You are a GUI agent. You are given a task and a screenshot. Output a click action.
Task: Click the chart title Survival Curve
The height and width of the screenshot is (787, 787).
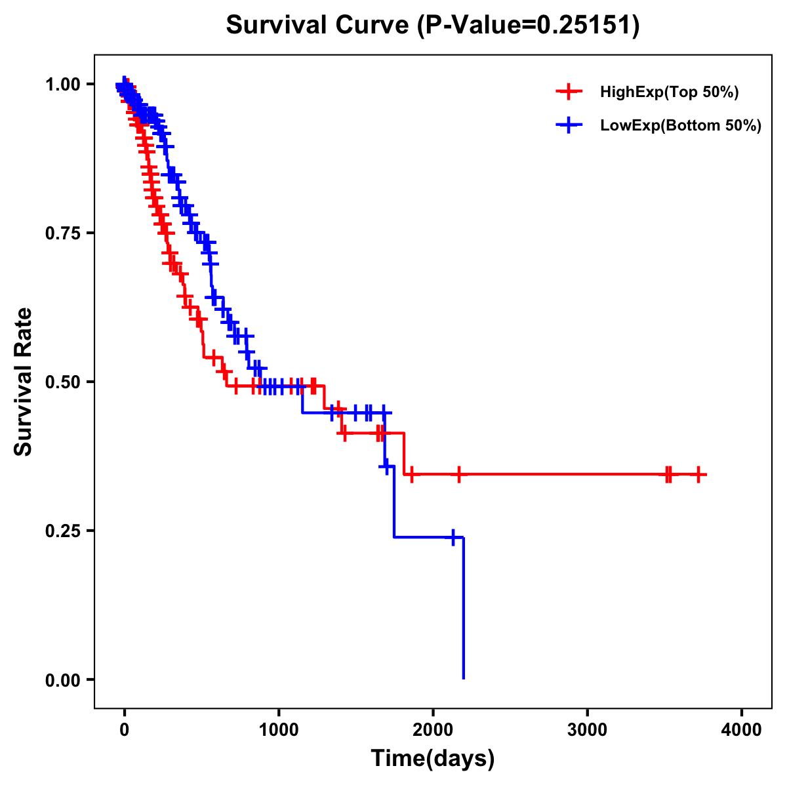[x=317, y=26]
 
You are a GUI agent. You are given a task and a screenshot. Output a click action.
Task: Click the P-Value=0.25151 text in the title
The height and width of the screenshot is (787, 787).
[x=529, y=26]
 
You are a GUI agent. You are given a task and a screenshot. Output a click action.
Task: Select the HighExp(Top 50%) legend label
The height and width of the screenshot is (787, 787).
[x=669, y=92]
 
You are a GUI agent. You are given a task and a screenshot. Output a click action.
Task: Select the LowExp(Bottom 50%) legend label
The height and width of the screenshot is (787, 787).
[x=681, y=126]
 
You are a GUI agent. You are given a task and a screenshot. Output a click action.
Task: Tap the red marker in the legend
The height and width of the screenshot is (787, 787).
[x=569, y=92]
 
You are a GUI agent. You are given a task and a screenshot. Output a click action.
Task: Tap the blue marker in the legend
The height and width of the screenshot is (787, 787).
[x=569, y=126]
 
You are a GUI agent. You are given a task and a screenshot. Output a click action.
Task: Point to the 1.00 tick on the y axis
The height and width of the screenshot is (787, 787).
[x=63, y=85]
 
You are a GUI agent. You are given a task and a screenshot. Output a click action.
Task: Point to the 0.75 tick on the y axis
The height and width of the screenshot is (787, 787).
[x=63, y=233]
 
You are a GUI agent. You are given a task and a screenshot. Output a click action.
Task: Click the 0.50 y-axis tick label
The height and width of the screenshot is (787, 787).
[x=63, y=382]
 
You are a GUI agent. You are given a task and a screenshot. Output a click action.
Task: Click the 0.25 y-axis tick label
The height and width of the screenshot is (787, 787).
[x=63, y=531]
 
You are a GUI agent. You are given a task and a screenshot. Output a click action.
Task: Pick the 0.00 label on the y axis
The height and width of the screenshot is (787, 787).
[x=63, y=680]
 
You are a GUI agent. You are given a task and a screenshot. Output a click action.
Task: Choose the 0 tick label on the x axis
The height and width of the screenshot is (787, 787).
[x=124, y=729]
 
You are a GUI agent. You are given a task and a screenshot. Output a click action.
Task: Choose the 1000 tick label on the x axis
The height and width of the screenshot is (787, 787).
[x=279, y=729]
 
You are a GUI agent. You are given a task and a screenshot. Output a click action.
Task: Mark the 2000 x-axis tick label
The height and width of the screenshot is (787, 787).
[x=433, y=729]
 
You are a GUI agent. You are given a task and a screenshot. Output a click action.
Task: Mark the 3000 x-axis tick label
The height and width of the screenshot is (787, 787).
[x=588, y=729]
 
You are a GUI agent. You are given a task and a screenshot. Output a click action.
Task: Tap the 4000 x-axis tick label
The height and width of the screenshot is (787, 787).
[x=742, y=729]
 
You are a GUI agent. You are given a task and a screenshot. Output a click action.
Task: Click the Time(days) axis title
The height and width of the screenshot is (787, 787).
[x=433, y=759]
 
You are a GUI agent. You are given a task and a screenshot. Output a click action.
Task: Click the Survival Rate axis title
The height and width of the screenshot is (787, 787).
[x=24, y=381]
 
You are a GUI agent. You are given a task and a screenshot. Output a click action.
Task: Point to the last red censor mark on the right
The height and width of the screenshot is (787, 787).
[x=698, y=474]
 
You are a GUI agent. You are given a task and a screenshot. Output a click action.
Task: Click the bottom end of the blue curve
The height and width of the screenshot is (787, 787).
[x=464, y=677]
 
